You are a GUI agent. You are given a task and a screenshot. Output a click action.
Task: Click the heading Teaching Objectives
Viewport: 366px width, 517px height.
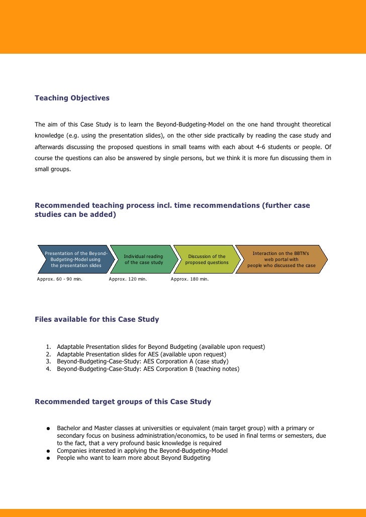[x=72, y=98]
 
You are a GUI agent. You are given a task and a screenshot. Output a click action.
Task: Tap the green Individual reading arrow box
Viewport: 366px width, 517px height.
[x=143, y=260]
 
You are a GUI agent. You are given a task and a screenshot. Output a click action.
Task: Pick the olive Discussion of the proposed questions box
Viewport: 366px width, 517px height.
[x=206, y=260]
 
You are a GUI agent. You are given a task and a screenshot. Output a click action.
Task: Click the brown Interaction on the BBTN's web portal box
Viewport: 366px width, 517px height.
[x=282, y=260]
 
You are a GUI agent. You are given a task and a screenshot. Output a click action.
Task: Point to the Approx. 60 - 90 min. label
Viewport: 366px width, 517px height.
[x=60, y=279]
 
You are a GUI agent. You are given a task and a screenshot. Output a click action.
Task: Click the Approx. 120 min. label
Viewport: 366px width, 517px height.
[x=128, y=279]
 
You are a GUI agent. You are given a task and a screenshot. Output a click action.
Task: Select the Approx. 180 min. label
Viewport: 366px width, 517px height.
[x=190, y=279]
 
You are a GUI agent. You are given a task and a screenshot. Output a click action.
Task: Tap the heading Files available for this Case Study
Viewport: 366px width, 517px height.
[x=97, y=319]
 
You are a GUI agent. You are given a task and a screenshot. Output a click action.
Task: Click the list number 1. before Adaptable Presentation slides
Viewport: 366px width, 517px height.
[x=48, y=347]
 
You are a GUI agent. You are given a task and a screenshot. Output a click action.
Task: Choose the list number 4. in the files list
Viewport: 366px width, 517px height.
[x=48, y=369]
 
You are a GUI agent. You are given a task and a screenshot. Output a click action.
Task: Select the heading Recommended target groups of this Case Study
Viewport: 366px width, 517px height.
[x=123, y=402]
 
